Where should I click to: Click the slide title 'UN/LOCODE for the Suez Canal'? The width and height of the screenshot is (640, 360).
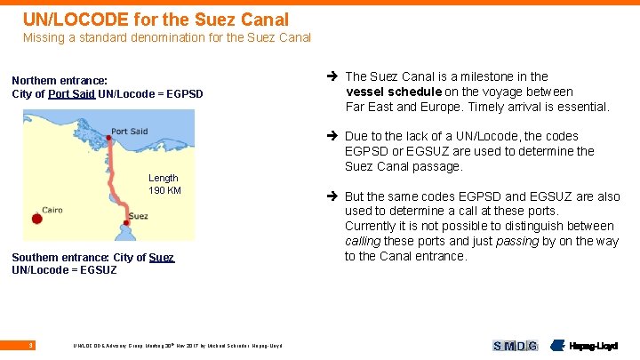pos(156,19)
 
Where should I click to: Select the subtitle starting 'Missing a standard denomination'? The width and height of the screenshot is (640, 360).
pos(166,37)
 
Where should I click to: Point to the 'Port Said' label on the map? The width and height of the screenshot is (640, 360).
pos(130,132)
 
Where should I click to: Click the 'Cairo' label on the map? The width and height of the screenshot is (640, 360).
pos(52,211)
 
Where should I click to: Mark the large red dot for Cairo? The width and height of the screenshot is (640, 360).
pos(36,219)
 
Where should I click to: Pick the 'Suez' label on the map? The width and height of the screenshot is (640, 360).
pos(138,216)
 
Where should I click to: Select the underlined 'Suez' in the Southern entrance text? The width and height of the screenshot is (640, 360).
pos(161,258)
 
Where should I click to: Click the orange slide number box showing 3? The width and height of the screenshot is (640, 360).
pos(31,345)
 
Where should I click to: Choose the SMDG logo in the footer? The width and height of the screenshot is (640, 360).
pos(516,346)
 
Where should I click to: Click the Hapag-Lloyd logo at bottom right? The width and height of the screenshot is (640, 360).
pos(587,346)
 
